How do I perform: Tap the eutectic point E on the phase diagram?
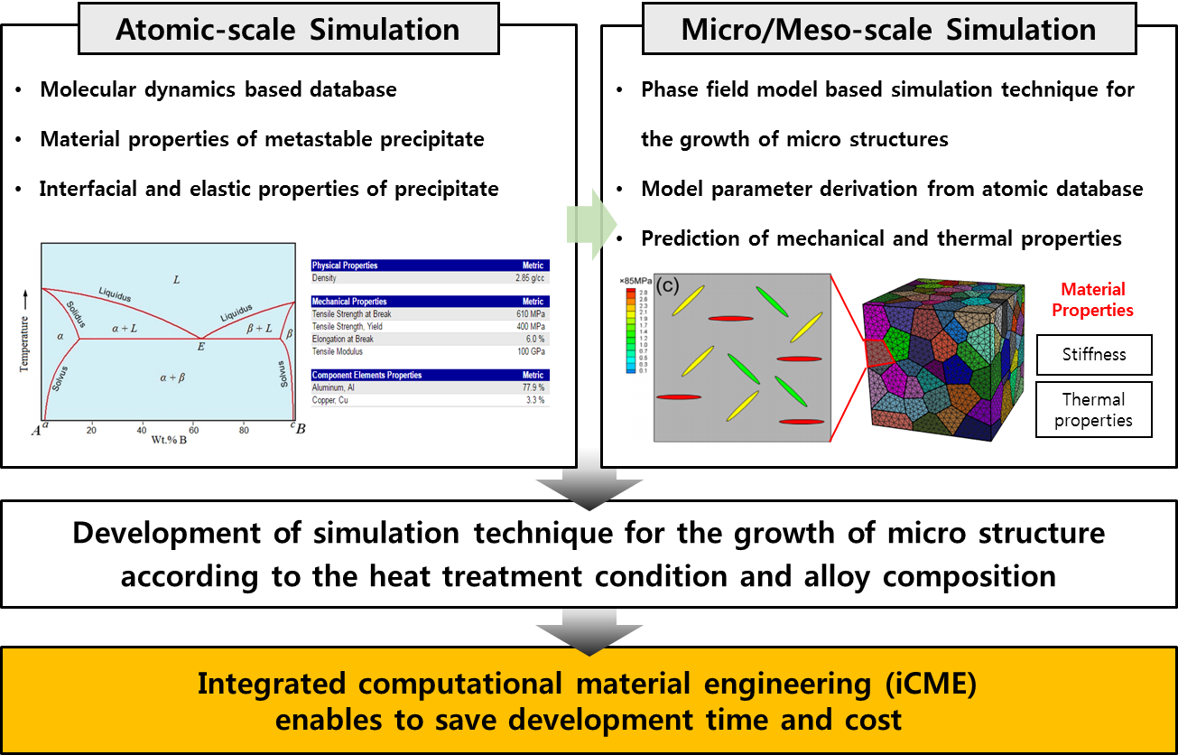(x=200, y=346)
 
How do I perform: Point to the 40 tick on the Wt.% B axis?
(x=142, y=430)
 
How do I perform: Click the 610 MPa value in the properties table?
(x=529, y=314)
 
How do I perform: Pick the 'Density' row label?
(x=324, y=278)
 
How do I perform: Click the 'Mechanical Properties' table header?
(x=349, y=302)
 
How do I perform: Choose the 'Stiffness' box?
(x=1093, y=355)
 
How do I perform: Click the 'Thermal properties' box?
(x=1093, y=410)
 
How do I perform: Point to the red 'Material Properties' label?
(x=1093, y=300)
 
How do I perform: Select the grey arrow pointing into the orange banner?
(x=588, y=631)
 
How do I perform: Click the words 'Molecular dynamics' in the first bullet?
(x=123, y=89)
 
